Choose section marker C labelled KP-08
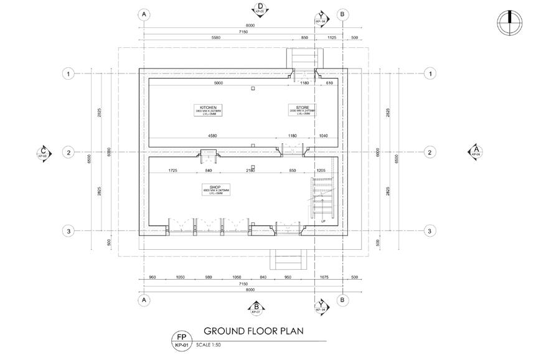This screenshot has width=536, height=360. pos(44,152)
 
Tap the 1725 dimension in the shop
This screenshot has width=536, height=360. pos(172,170)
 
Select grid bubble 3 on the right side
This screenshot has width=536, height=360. pos(430,231)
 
